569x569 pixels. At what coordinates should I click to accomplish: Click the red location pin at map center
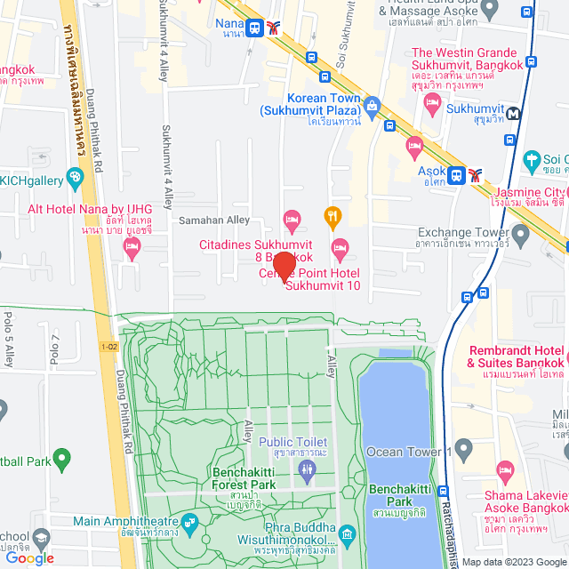(284, 266)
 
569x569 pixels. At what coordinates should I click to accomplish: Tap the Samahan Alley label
(214, 220)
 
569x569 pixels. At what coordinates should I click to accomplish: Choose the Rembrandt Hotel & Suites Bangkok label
(517, 357)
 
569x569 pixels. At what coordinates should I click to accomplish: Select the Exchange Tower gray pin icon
(520, 234)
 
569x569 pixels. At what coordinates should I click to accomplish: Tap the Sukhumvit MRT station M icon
(516, 112)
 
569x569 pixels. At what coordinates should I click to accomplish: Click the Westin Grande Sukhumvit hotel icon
(433, 104)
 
